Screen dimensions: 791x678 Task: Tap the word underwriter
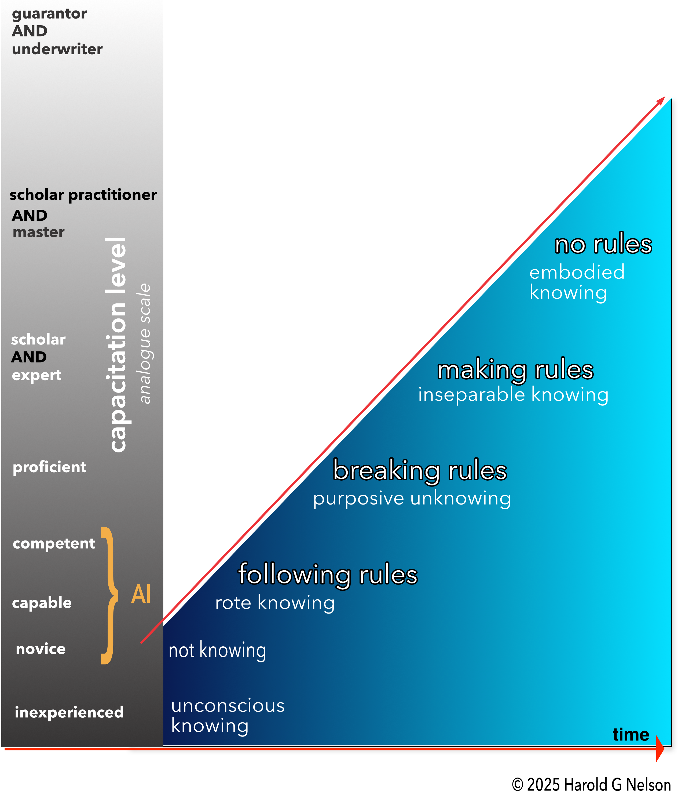coord(57,49)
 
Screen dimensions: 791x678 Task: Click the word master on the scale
coord(39,232)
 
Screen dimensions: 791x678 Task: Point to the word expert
coord(37,375)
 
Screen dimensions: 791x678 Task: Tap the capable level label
coord(42,603)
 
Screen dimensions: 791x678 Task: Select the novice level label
coord(41,649)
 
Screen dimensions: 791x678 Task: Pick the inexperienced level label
coord(69,712)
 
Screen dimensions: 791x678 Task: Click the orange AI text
coord(141,594)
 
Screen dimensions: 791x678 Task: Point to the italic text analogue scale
coord(145,344)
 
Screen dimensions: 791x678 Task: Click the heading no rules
coord(603,244)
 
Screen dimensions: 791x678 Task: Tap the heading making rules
coord(515,370)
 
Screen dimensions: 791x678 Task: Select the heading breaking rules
coord(420,470)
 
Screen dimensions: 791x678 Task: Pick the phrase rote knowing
coord(275,603)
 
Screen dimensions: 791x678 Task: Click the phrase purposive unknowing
coord(412,499)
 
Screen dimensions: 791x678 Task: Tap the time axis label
coord(631,735)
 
